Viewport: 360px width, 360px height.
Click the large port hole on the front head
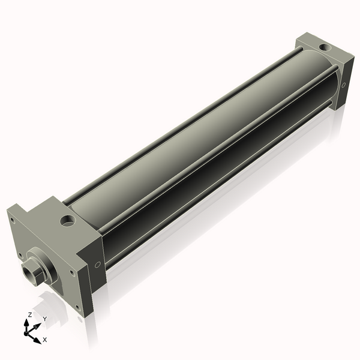click(x=67, y=220)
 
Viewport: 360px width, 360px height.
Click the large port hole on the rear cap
click(x=325, y=48)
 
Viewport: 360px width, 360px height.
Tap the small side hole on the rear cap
click(x=343, y=85)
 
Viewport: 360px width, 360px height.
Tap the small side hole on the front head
click(x=97, y=265)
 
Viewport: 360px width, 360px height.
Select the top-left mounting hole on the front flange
click(x=12, y=221)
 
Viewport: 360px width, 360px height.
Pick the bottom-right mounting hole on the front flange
click(x=78, y=308)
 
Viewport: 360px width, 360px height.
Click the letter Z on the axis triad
click(x=29, y=314)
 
